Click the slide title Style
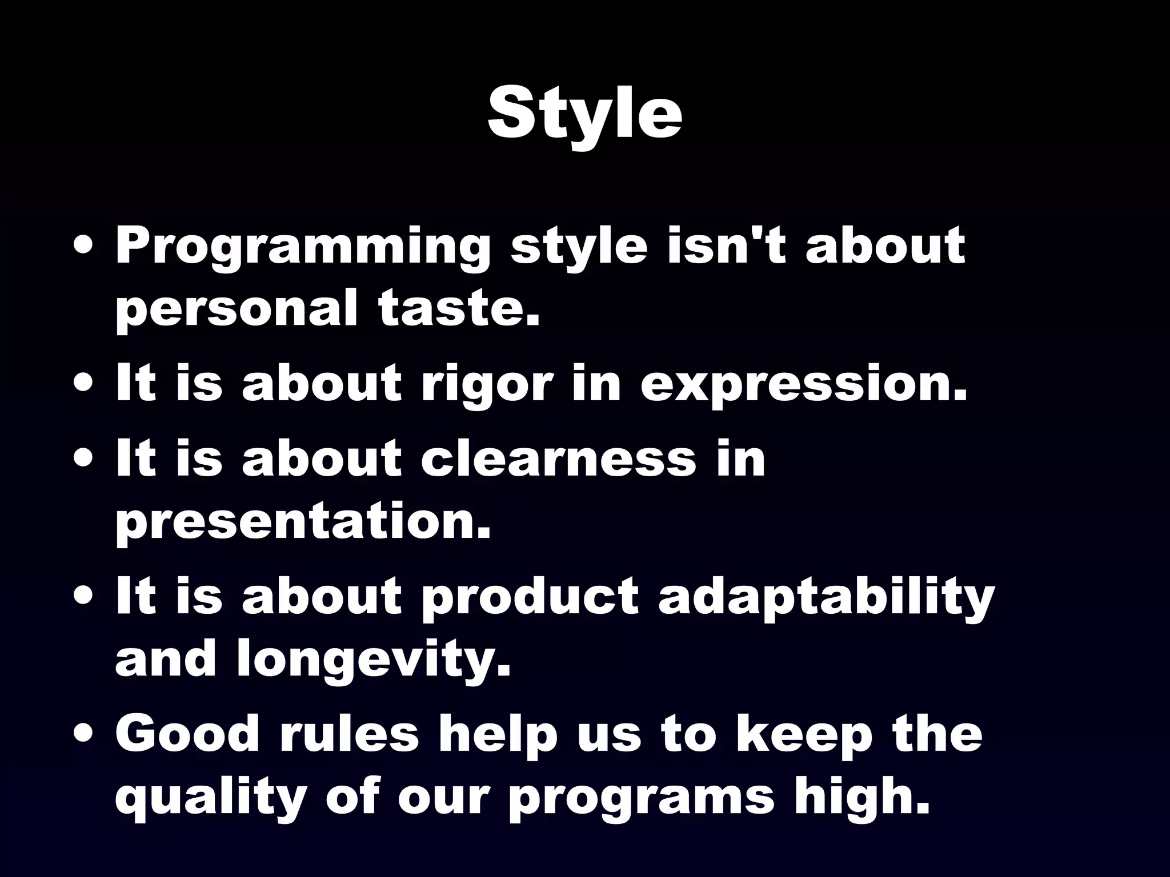click(584, 114)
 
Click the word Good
click(187, 734)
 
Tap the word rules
click(349, 734)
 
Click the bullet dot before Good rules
click(84, 735)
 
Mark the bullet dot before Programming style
click(84, 249)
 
